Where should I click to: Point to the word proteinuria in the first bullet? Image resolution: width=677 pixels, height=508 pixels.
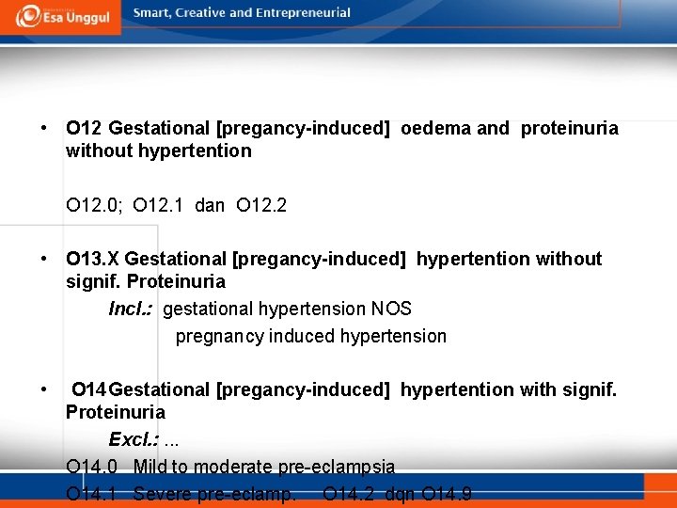coord(569,128)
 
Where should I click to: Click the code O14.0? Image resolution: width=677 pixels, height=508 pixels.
coord(92,467)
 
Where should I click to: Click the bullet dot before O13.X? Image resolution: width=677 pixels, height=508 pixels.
coord(44,259)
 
